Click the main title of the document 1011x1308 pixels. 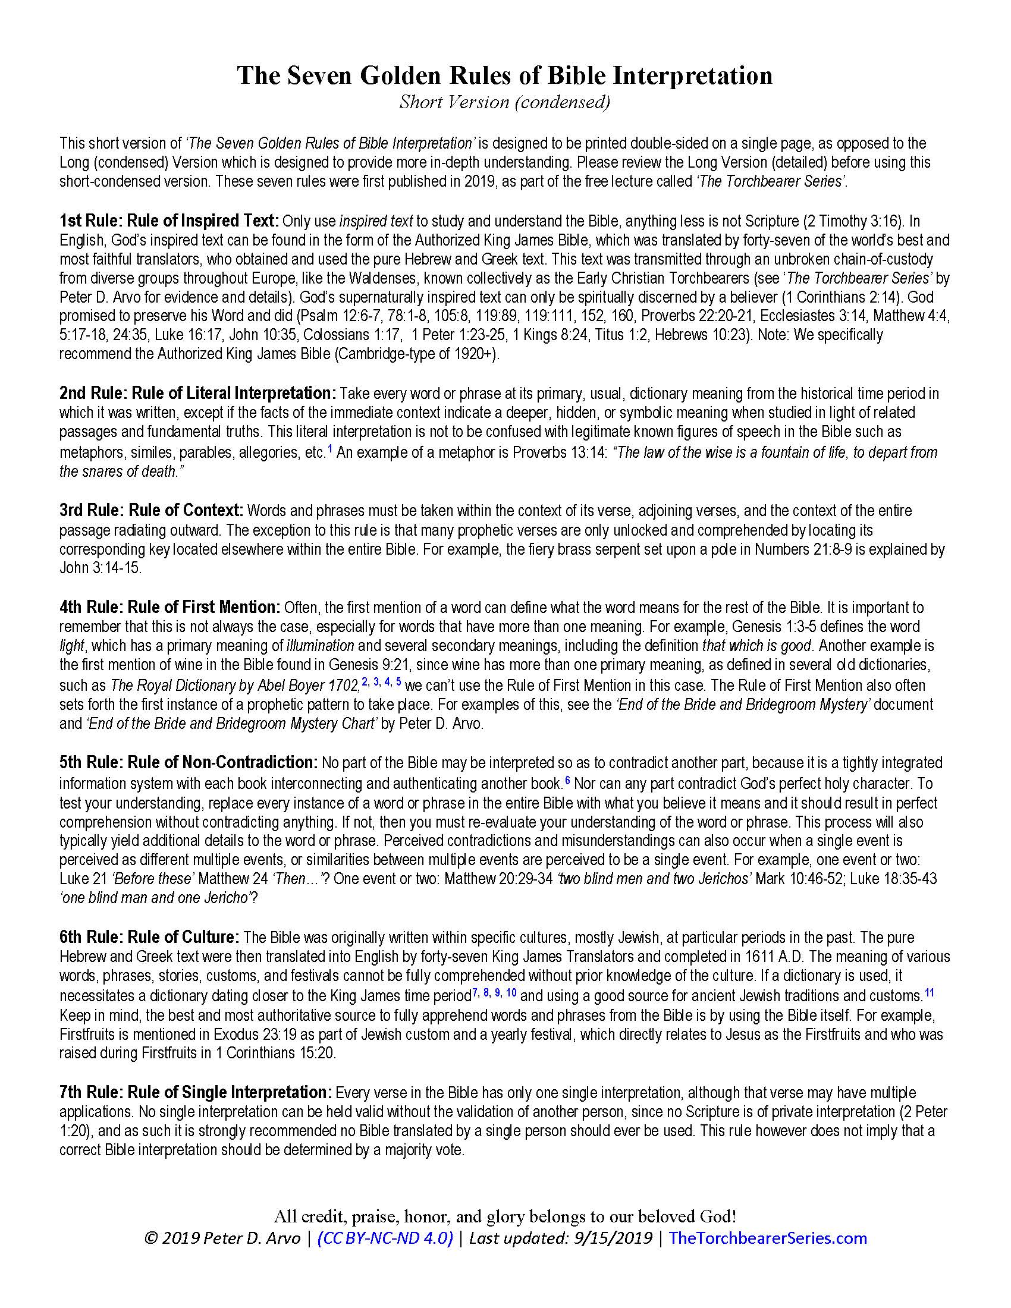pos(505,76)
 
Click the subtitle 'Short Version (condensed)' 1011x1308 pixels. pos(505,102)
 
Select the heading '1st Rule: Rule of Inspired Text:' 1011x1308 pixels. pos(169,221)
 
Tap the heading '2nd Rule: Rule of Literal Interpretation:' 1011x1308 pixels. pos(198,394)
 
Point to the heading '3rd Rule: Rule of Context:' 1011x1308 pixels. pos(151,511)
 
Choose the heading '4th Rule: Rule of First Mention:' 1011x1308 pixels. pos(169,608)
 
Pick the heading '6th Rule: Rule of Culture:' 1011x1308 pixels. pos(149,937)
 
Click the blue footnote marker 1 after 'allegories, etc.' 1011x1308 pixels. pos(329,449)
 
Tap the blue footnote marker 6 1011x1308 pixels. pos(567,780)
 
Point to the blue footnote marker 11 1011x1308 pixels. pos(929,993)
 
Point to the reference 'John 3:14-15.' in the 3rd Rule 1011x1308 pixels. pos(101,568)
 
